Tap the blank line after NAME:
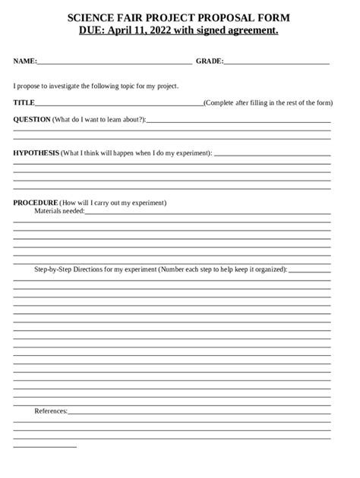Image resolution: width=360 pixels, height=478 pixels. point(114,62)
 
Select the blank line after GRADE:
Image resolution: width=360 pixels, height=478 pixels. point(276,62)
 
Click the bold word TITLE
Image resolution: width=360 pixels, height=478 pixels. point(24,102)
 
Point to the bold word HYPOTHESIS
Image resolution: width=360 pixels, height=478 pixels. point(36,153)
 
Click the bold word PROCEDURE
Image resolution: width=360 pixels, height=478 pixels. point(35,203)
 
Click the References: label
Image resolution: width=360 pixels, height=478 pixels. point(51,410)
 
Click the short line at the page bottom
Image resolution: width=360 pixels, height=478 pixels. point(45,447)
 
